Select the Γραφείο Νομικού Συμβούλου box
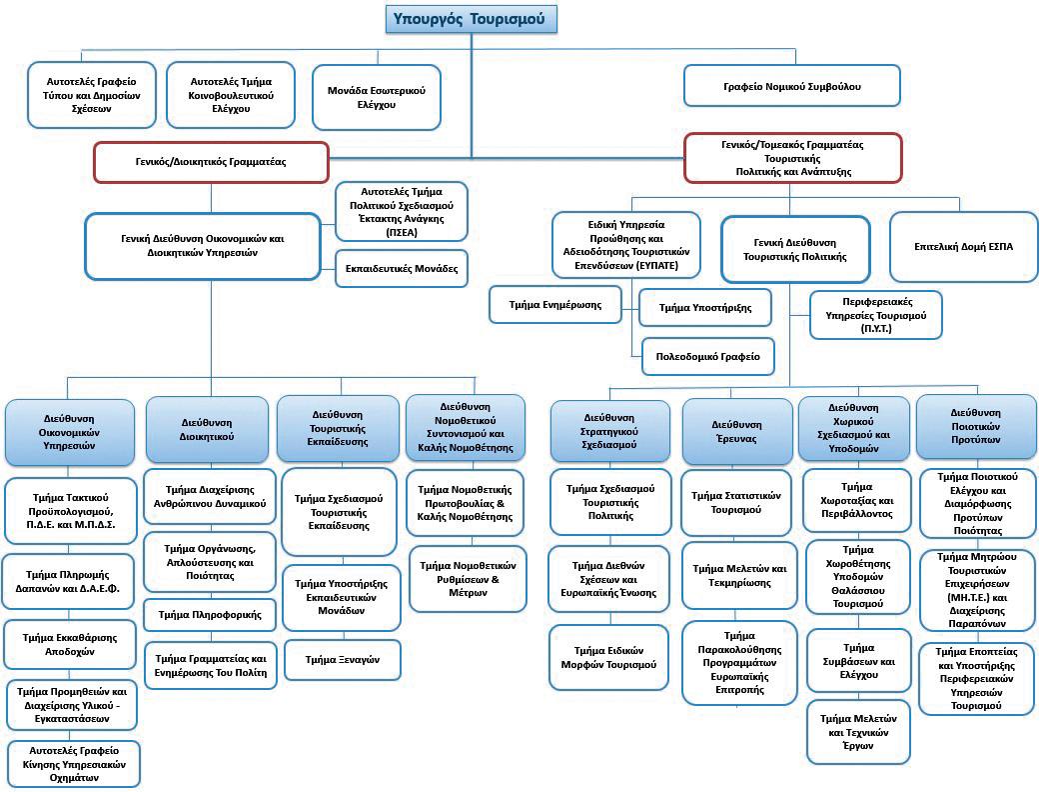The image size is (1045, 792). [x=792, y=86]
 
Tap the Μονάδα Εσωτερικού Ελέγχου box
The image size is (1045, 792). [x=377, y=98]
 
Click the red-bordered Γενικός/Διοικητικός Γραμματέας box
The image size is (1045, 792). [x=211, y=162]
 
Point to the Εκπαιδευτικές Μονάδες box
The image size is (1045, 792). [x=401, y=268]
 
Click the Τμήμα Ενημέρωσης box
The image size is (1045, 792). [x=555, y=304]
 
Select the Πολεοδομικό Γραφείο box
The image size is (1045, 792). [x=707, y=356]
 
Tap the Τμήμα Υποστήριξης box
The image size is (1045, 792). [x=705, y=308]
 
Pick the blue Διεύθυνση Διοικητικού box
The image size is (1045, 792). [x=208, y=429]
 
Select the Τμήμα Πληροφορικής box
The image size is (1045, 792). [x=210, y=614]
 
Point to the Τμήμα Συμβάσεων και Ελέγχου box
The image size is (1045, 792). [x=857, y=661]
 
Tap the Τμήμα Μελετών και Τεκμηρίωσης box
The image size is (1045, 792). [x=739, y=575]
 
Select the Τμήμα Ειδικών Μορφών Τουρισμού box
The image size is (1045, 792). [x=609, y=657]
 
